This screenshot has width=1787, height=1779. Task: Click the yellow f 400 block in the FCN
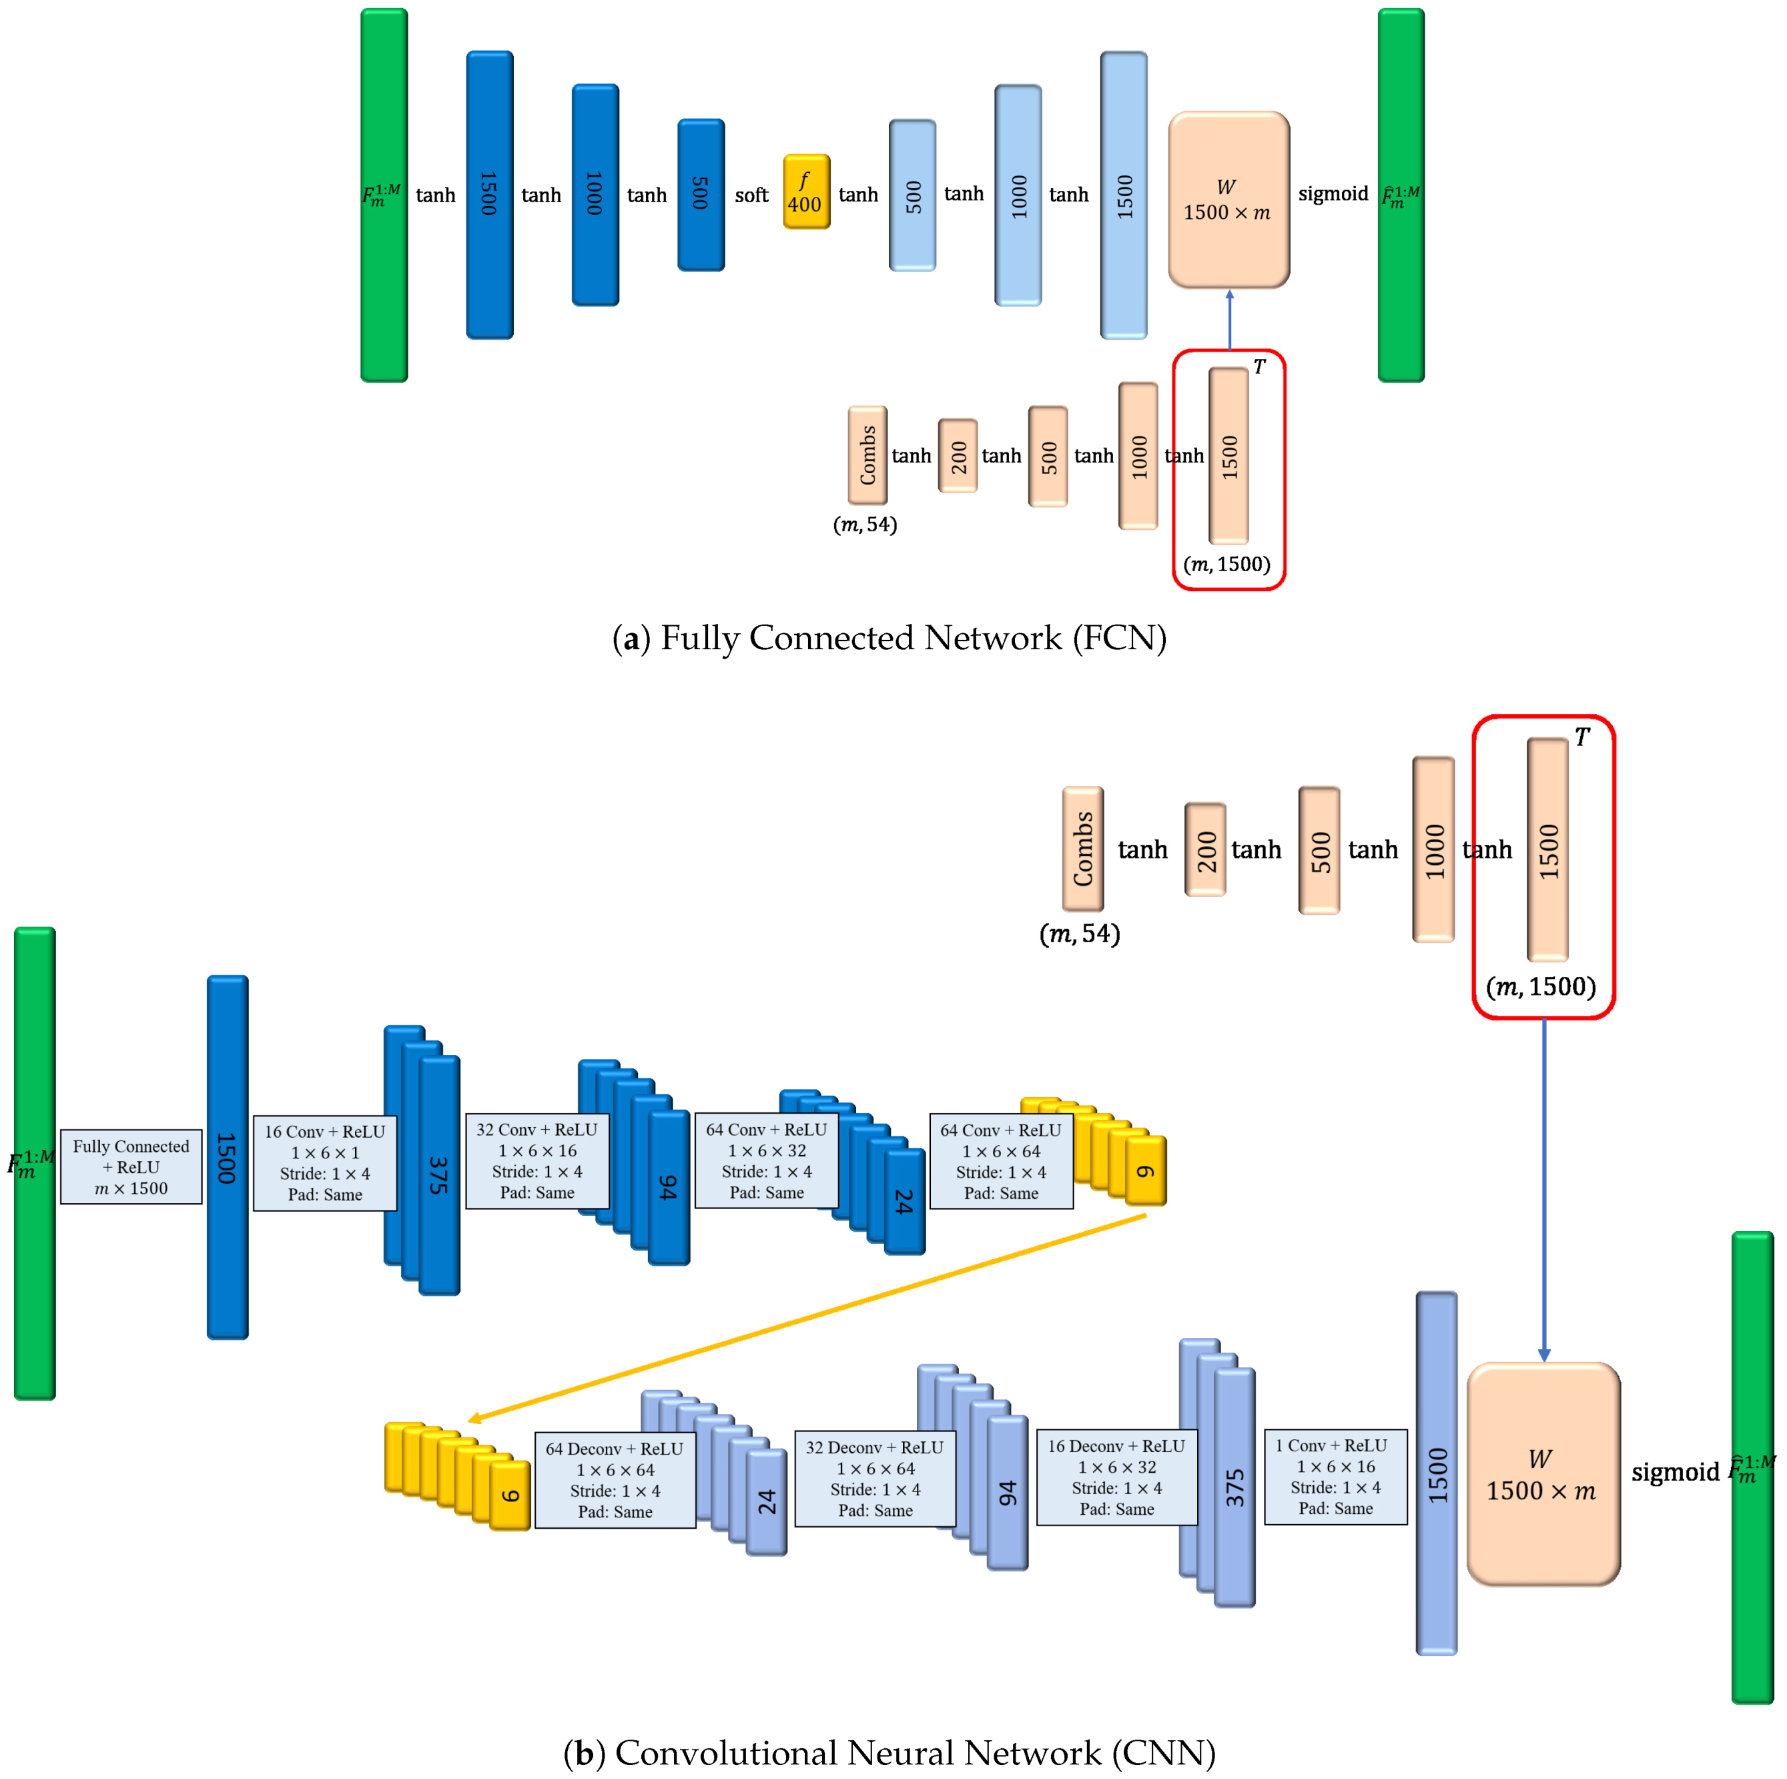805,192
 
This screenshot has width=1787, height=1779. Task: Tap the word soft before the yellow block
751,196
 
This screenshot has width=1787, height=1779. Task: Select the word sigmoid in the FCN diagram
1332,194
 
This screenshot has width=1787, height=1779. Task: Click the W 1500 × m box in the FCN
1228,200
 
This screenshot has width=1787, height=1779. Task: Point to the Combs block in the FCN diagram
867,454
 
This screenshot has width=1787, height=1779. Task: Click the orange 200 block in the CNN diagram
1204,849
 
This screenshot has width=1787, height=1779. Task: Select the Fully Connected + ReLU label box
131,1166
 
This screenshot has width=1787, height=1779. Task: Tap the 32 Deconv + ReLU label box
874,1478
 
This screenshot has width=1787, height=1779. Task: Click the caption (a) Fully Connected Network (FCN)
889,639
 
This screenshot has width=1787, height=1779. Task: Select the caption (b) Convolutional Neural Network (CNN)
889,1752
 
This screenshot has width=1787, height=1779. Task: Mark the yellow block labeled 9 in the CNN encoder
1145,1171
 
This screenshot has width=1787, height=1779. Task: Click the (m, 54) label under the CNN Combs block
1080,934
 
